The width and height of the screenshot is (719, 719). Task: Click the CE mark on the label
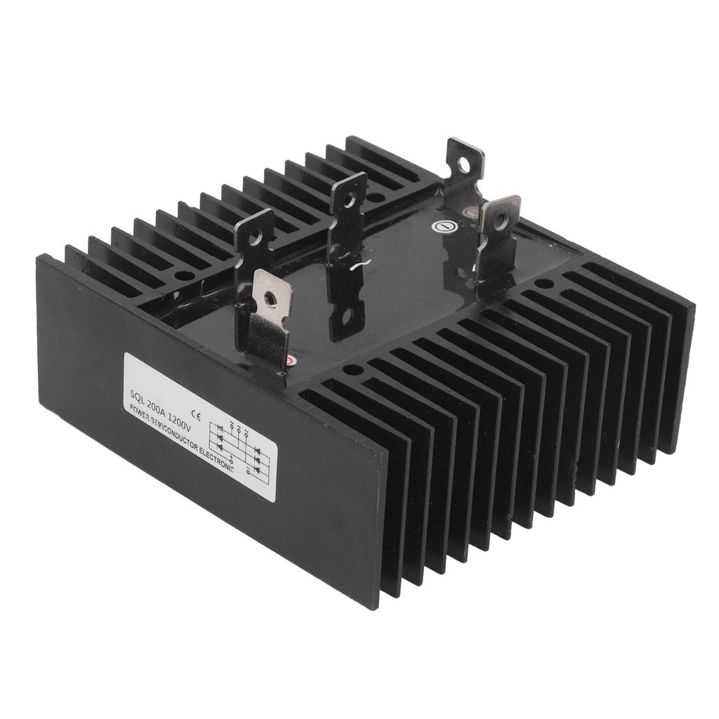click(197, 416)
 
